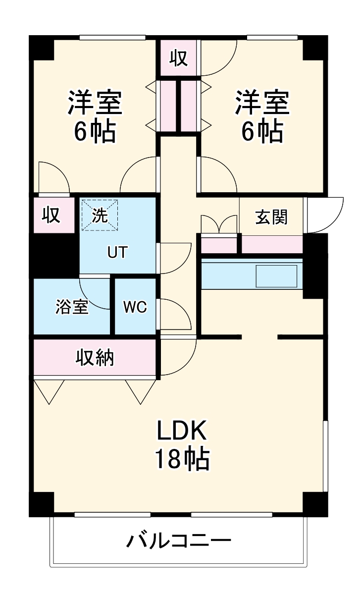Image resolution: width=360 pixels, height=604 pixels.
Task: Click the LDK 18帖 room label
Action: coord(181,444)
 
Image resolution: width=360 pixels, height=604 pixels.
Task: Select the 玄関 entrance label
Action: coord(271,217)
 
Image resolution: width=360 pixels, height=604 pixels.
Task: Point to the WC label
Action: coord(135,307)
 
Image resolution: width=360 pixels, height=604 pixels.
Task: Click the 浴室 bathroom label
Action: coord(72,307)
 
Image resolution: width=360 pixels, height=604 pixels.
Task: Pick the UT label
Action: coord(118,253)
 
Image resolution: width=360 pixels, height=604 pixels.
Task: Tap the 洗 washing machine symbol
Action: coord(101,215)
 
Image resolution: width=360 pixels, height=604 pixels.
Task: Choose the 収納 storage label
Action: coord(95,357)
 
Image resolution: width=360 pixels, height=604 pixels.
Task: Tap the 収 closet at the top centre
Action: coord(178,58)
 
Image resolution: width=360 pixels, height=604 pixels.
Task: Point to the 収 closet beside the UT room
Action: coord(51,215)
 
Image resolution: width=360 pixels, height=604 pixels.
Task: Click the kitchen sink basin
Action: coord(276,276)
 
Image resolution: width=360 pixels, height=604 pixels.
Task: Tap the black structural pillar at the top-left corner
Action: coord(42,48)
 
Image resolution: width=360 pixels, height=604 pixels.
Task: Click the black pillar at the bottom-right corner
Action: coord(315,504)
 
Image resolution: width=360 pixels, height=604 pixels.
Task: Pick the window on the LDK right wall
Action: coord(325,456)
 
